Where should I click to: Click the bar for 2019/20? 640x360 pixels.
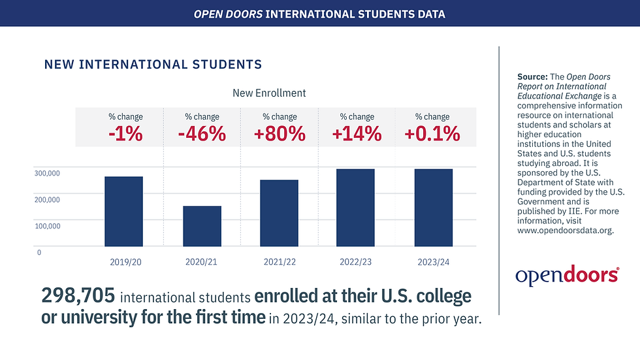click(x=124, y=211)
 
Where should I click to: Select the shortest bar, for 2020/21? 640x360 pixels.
click(x=202, y=226)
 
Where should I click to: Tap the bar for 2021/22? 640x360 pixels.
click(x=279, y=213)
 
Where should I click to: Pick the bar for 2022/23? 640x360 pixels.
click(x=356, y=208)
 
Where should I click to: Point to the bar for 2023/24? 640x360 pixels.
click(x=433, y=208)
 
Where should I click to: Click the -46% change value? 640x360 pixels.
click(x=202, y=134)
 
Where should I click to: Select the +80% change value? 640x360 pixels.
click(x=280, y=134)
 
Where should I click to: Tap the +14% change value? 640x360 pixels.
click(x=357, y=134)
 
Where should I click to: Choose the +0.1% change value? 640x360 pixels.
click(x=432, y=134)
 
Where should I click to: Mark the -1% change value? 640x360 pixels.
click(x=125, y=134)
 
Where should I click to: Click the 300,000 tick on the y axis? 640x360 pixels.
click(x=48, y=173)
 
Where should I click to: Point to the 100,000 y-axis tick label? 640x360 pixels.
click(x=48, y=226)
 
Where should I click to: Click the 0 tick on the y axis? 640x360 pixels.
click(x=39, y=252)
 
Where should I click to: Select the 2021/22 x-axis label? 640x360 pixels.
click(x=280, y=262)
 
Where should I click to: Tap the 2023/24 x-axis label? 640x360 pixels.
click(x=433, y=262)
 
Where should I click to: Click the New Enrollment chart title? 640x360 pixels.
click(x=269, y=93)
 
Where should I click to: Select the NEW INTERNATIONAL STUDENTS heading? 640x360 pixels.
click(x=153, y=65)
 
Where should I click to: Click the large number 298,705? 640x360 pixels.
click(x=78, y=296)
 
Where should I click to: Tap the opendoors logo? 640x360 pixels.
click(x=567, y=275)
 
